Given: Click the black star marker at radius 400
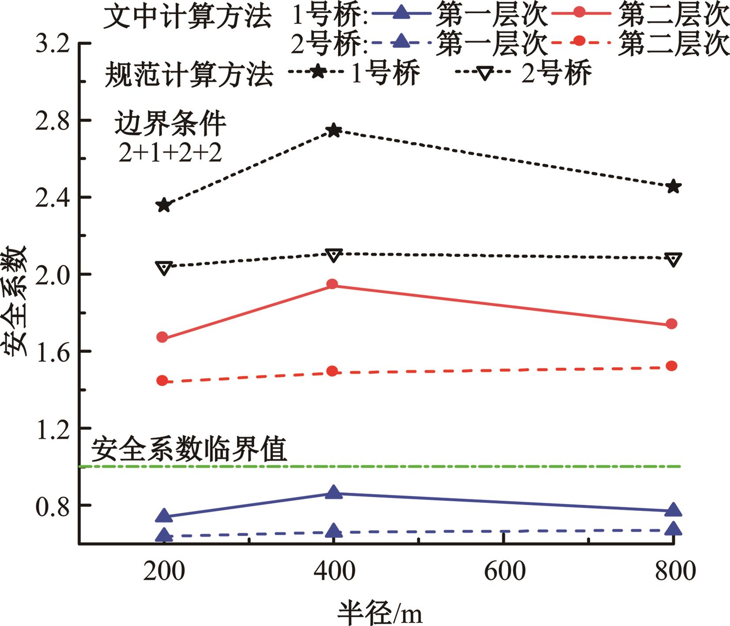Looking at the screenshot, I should coord(334,130).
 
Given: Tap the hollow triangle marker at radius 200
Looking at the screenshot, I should coord(164,267).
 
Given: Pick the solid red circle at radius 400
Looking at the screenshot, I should coord(333,284).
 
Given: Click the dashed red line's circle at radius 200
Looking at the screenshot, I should coord(162,380).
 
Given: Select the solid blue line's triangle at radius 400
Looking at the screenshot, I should coord(334,492).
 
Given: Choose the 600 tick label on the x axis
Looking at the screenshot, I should coord(504,572).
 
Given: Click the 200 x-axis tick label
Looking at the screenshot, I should coord(164,572).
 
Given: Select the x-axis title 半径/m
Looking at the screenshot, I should coord(380,612).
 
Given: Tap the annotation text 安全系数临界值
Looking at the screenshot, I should coord(189,449).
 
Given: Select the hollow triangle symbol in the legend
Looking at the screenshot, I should coord(485,72).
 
